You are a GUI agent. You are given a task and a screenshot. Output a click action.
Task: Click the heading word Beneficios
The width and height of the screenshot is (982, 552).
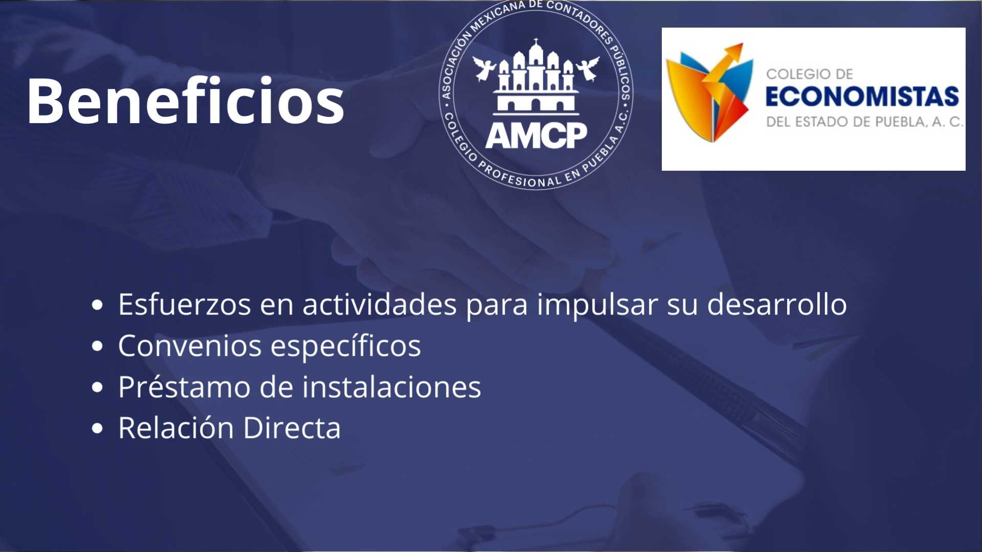(186, 101)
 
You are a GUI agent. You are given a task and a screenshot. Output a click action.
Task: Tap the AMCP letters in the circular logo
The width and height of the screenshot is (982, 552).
(536, 135)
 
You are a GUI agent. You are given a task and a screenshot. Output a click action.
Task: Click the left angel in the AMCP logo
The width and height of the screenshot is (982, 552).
(483, 68)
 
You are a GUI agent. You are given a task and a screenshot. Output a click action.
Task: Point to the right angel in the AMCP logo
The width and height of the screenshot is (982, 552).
(588, 68)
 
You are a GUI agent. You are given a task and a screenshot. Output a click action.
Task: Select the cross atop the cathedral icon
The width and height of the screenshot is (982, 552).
(536, 42)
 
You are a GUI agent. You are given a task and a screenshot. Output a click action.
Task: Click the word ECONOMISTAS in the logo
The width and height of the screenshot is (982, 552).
(862, 97)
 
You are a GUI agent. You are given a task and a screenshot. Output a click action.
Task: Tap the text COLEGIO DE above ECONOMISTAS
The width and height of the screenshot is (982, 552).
(810, 74)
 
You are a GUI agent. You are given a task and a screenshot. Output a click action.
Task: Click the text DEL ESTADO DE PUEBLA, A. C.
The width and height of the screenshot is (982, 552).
(864, 122)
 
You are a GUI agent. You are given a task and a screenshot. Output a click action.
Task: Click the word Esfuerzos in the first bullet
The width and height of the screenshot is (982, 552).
(185, 304)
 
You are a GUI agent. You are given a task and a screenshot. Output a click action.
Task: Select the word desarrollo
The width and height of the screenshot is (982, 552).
(777, 304)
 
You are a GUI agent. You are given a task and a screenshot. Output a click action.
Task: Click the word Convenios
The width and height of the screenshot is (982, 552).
(190, 346)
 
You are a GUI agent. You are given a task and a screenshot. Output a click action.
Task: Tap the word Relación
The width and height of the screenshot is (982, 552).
(176, 427)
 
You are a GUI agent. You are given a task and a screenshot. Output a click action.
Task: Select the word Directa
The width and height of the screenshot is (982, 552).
(292, 427)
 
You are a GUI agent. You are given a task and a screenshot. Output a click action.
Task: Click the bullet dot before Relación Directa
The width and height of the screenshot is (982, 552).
(97, 428)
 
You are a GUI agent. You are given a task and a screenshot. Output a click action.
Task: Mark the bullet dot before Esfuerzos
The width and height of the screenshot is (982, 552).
(97, 306)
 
